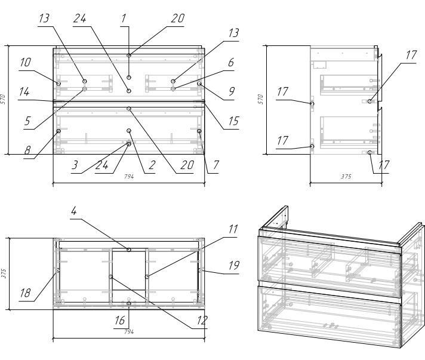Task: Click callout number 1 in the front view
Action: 124,19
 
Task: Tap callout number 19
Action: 235,263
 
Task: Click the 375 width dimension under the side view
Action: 346,177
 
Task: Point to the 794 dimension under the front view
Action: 128,177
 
